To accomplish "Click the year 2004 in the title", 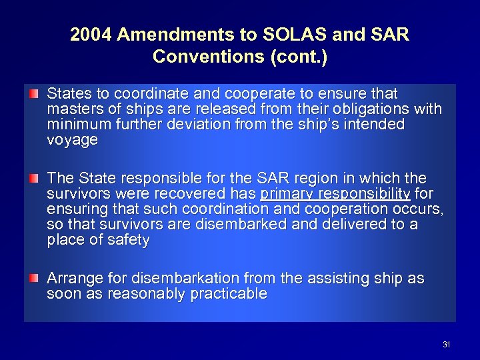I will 91,35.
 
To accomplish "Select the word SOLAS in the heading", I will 279,35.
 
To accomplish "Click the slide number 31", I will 446,345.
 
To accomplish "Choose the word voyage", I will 72,140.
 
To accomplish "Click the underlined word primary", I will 287,194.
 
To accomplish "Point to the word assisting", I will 331,278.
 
